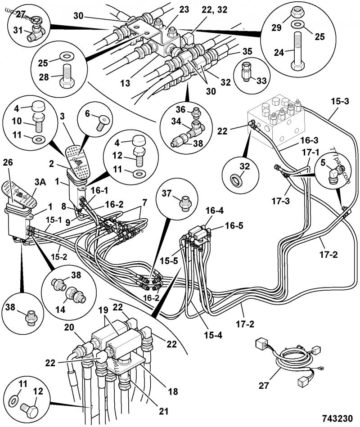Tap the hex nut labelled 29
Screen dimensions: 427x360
pyautogui.click(x=297, y=22)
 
